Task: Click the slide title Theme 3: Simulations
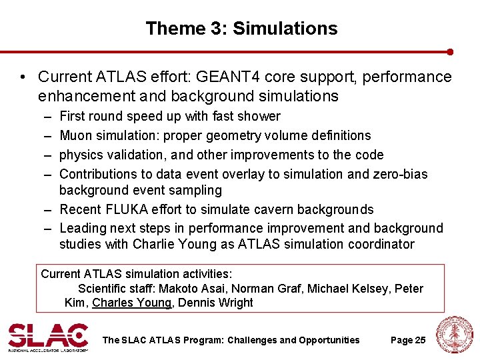point(241,29)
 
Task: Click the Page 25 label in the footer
point(407,340)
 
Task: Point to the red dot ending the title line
point(450,51)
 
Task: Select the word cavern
point(271,210)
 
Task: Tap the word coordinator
point(381,244)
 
